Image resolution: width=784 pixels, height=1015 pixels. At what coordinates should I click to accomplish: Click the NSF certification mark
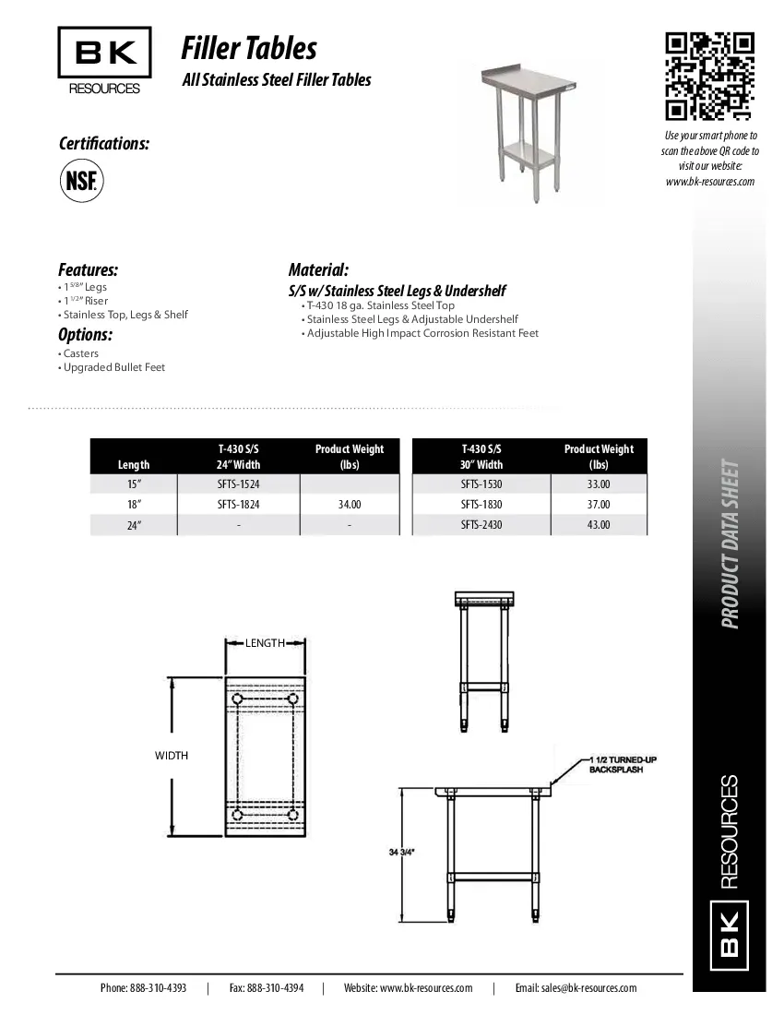point(81,180)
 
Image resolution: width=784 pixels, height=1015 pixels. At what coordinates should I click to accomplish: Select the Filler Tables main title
point(249,47)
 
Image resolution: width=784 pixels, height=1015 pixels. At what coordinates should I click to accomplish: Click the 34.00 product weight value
point(350,505)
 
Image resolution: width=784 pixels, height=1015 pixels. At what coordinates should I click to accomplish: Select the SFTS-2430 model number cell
point(481,525)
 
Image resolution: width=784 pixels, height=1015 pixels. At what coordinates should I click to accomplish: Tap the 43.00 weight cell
point(599,525)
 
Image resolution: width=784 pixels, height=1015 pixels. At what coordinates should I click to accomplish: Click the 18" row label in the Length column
point(134,505)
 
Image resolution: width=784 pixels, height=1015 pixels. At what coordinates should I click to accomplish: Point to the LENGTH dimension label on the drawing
point(265,643)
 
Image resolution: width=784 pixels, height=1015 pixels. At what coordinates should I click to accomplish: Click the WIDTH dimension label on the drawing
point(172,756)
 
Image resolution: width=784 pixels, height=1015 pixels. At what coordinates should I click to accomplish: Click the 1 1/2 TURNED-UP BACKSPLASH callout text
point(623,764)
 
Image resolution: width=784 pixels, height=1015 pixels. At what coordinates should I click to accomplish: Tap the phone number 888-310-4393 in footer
point(143,987)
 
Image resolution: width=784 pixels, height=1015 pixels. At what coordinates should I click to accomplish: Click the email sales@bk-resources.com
point(576,987)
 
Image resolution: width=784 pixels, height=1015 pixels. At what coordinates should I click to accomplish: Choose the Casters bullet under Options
point(81,353)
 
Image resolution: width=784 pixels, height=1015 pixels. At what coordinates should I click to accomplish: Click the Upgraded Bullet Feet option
point(114,367)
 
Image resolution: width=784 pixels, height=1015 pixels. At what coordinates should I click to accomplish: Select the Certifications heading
point(104,144)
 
